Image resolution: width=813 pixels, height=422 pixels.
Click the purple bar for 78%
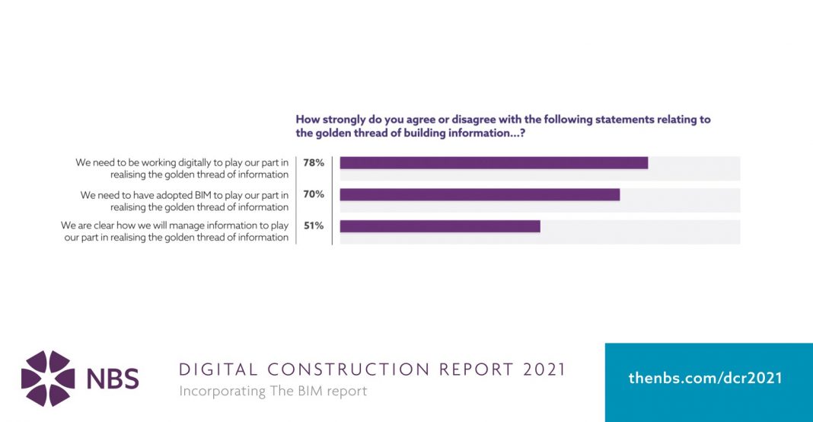(493, 163)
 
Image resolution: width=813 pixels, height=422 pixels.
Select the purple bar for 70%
(480, 194)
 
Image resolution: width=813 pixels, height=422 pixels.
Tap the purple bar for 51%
(440, 226)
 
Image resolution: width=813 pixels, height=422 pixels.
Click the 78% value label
(314, 163)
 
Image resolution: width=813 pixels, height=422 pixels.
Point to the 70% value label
(314, 194)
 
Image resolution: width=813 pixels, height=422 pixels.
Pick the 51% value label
(314, 225)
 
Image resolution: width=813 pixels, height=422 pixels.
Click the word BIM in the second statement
(193, 195)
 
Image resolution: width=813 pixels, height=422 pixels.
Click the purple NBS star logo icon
(48, 379)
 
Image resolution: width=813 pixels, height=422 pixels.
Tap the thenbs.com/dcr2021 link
(705, 378)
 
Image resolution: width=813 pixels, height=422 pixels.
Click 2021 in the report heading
(544, 370)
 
